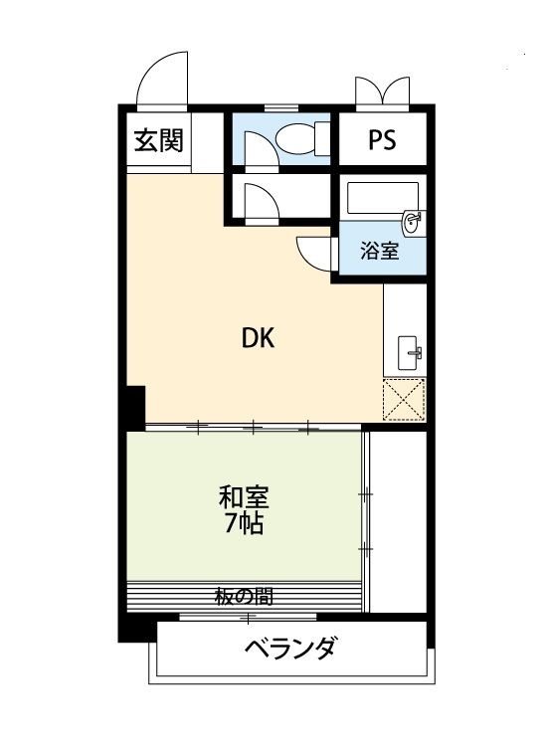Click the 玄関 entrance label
tap(158, 141)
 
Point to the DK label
tap(257, 338)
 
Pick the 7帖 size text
tap(243, 523)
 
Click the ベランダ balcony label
tap(290, 652)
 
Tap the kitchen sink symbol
tap(409, 351)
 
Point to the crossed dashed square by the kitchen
tap(404, 399)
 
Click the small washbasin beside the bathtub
tap(413, 219)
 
